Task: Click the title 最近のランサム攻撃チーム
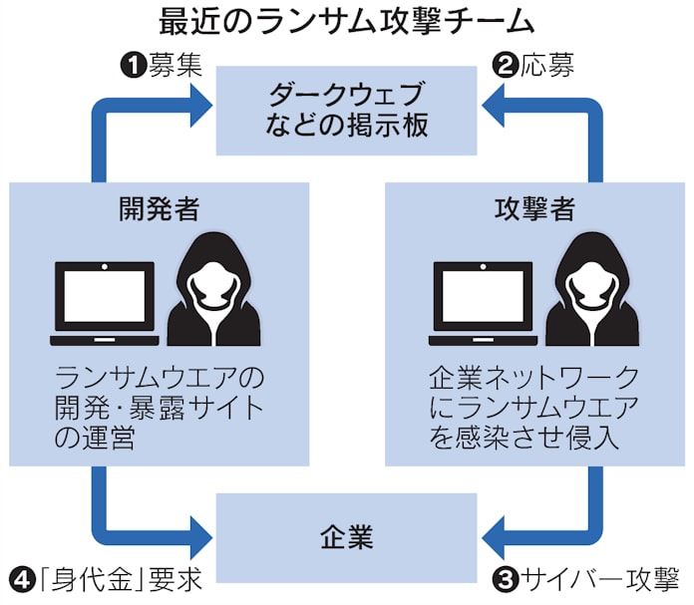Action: (346, 21)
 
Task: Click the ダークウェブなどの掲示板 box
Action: (346, 111)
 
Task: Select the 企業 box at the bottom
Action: (346, 538)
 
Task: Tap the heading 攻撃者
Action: (534, 209)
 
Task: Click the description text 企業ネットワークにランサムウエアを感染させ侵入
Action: (534, 408)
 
